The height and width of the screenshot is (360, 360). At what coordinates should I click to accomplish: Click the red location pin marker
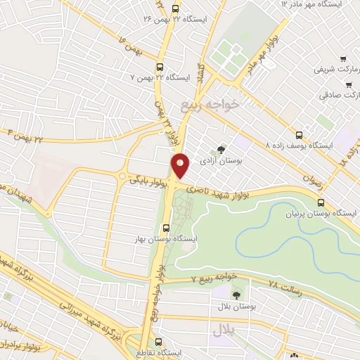[181, 165]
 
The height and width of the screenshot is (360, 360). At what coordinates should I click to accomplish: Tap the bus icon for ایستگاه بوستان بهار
[167, 228]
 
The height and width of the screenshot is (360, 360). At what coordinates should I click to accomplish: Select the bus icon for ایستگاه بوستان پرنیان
[321, 204]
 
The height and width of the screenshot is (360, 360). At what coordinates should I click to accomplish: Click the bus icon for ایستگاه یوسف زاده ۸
[299, 135]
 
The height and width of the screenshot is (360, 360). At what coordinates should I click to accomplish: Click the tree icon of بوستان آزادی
[221, 150]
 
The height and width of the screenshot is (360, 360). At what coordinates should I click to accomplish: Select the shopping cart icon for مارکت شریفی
[342, 59]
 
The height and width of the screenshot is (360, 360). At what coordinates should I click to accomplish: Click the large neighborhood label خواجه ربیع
[209, 104]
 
